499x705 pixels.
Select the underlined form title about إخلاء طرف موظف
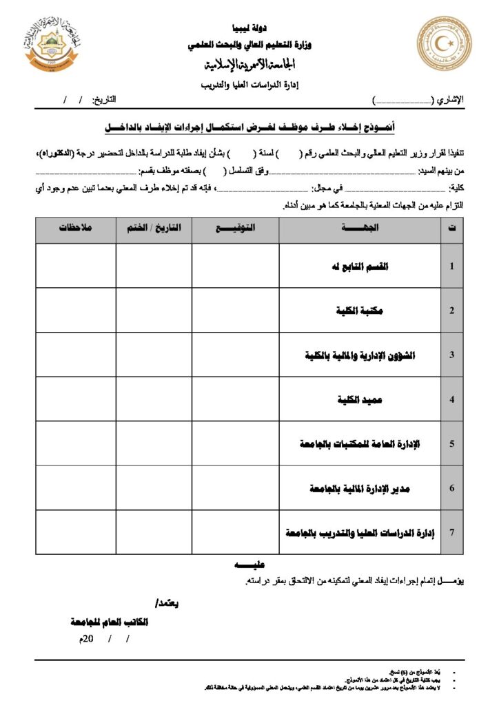(250, 128)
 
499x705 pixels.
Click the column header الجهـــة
(360, 229)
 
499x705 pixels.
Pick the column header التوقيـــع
(235, 229)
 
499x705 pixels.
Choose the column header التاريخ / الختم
(154, 229)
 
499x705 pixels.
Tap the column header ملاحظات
(76, 229)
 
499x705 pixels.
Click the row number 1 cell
(451, 266)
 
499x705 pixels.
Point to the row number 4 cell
(451, 399)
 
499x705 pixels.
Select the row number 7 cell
(451, 532)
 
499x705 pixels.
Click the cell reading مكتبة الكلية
(360, 311)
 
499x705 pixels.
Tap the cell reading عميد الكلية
(360, 399)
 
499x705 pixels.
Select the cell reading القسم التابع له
(360, 266)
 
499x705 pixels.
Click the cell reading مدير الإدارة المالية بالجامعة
(360, 488)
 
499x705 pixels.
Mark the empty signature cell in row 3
(235, 355)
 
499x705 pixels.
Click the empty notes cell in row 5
(76, 443)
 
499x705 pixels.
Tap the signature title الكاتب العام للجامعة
(110, 622)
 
